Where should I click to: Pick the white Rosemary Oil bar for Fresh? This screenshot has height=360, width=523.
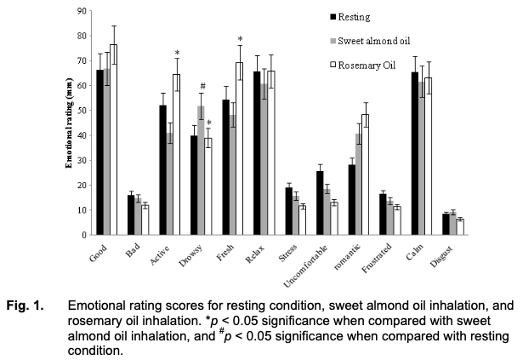coord(240,148)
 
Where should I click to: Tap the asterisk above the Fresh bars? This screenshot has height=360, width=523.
coord(240,39)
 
